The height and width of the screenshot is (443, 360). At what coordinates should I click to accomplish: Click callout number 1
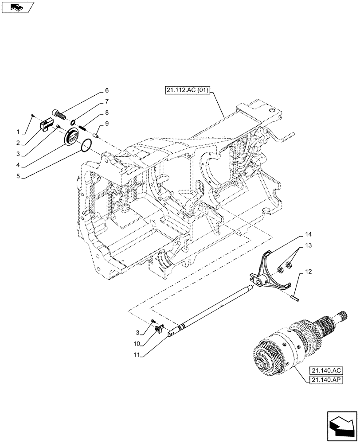click(x=18, y=132)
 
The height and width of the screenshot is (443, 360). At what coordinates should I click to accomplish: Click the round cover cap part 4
click(x=71, y=137)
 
